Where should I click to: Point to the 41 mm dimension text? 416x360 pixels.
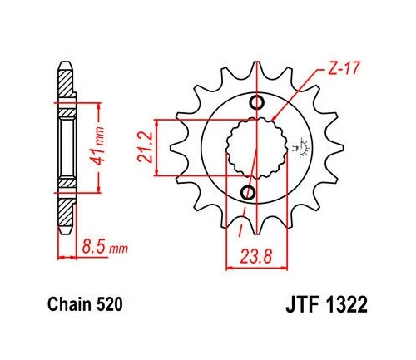[x=100, y=146]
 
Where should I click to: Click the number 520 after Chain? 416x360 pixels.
[x=109, y=306]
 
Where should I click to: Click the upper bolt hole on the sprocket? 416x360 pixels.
[x=255, y=103]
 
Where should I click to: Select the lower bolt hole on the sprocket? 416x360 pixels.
[x=247, y=193]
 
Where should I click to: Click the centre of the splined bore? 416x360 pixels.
[x=250, y=148]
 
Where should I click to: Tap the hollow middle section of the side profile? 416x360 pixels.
[x=65, y=147]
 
